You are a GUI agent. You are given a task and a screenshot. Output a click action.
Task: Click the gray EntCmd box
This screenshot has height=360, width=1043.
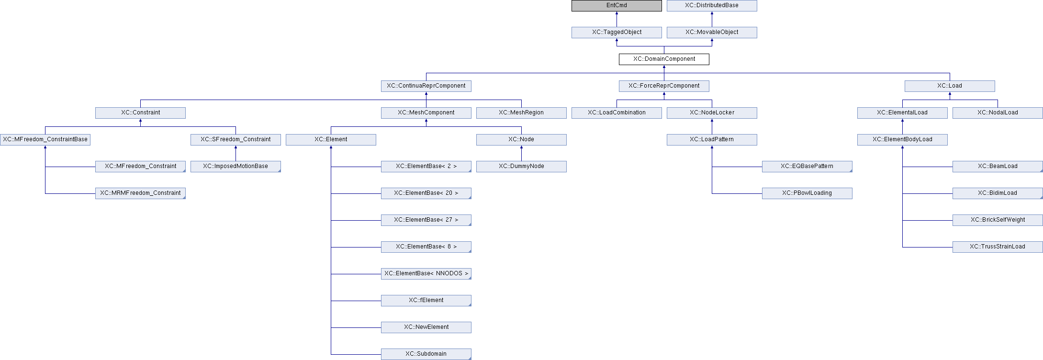click(x=617, y=6)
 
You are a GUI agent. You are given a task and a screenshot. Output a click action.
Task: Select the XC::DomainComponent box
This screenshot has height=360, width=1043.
click(x=664, y=59)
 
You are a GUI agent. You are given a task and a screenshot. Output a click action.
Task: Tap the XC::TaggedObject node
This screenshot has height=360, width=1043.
click(x=617, y=33)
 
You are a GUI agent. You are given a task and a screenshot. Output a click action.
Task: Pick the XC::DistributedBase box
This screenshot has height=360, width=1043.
click(x=712, y=6)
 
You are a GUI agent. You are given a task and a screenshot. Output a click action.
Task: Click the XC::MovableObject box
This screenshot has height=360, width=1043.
click(x=712, y=33)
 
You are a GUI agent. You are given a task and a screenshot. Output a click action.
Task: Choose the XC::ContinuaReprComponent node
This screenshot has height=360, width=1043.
click(x=426, y=86)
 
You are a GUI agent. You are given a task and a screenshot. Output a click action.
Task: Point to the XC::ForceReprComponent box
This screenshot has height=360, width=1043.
click(x=664, y=86)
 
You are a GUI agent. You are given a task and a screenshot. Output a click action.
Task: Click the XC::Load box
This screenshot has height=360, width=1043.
click(x=950, y=86)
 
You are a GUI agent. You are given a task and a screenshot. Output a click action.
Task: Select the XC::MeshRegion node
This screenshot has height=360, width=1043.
click(x=521, y=113)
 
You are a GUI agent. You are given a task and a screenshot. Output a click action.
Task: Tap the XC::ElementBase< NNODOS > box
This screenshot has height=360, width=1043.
click(x=426, y=274)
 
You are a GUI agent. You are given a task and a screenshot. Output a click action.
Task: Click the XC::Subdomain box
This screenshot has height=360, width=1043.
click(x=426, y=354)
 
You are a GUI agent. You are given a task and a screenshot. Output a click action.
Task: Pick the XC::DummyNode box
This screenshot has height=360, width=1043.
click(x=521, y=167)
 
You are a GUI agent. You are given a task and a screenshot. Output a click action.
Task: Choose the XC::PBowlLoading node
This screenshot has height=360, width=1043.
click(x=807, y=193)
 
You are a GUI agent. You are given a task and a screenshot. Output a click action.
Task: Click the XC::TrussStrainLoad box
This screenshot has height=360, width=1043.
click(x=998, y=247)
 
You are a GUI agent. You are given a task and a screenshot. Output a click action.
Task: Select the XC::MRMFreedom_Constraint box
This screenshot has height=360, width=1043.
click(x=140, y=193)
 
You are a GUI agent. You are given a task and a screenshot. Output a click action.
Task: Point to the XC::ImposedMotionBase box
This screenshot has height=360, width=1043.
click(x=236, y=167)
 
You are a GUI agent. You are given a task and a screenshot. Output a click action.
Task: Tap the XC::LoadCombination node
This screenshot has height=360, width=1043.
click(x=617, y=113)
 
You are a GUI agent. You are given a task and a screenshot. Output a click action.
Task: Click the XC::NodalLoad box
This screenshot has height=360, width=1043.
click(x=998, y=113)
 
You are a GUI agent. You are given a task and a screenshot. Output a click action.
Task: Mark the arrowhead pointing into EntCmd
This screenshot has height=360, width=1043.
click(x=617, y=13)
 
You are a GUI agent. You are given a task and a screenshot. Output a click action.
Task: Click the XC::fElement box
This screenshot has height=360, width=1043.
click(x=426, y=301)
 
